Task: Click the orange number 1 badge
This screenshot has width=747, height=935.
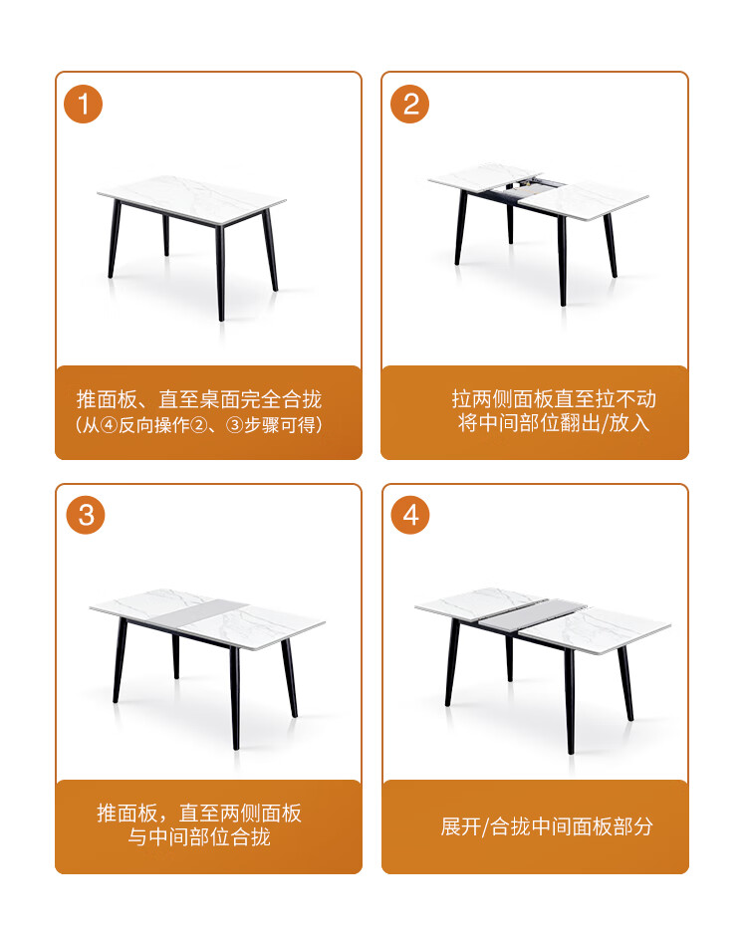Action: pos(83,104)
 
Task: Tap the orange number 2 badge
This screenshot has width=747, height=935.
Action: pos(410,104)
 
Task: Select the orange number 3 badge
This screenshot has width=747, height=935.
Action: pos(86,515)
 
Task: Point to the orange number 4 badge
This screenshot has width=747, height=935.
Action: pos(410,515)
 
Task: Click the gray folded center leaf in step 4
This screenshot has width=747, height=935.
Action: pos(532,613)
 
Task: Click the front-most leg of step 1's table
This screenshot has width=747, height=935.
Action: pos(220,273)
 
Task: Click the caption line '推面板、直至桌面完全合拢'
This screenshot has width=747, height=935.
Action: pos(199,399)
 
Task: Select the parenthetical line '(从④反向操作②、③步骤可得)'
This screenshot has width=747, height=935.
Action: pos(199,425)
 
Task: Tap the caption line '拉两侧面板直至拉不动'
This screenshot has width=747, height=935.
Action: pos(554,398)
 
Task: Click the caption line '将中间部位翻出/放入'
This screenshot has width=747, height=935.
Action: pos(554,423)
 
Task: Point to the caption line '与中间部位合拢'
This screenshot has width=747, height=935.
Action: pos(199,836)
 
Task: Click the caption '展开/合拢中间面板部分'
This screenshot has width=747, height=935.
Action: pos(547,826)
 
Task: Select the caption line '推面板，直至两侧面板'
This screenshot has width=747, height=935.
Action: pos(199,813)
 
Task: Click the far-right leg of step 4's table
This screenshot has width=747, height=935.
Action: pos(625,683)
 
